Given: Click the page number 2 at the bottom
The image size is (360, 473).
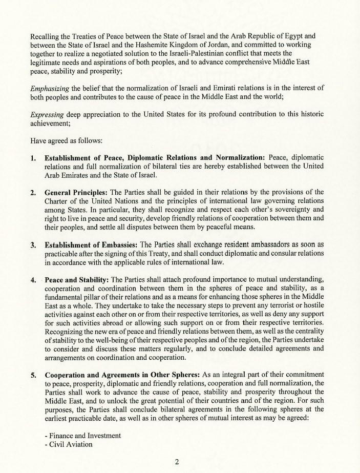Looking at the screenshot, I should pos(177,462).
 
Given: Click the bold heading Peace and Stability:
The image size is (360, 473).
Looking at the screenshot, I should pos(77,279).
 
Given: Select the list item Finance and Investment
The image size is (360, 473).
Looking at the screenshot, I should pos(83,436).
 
